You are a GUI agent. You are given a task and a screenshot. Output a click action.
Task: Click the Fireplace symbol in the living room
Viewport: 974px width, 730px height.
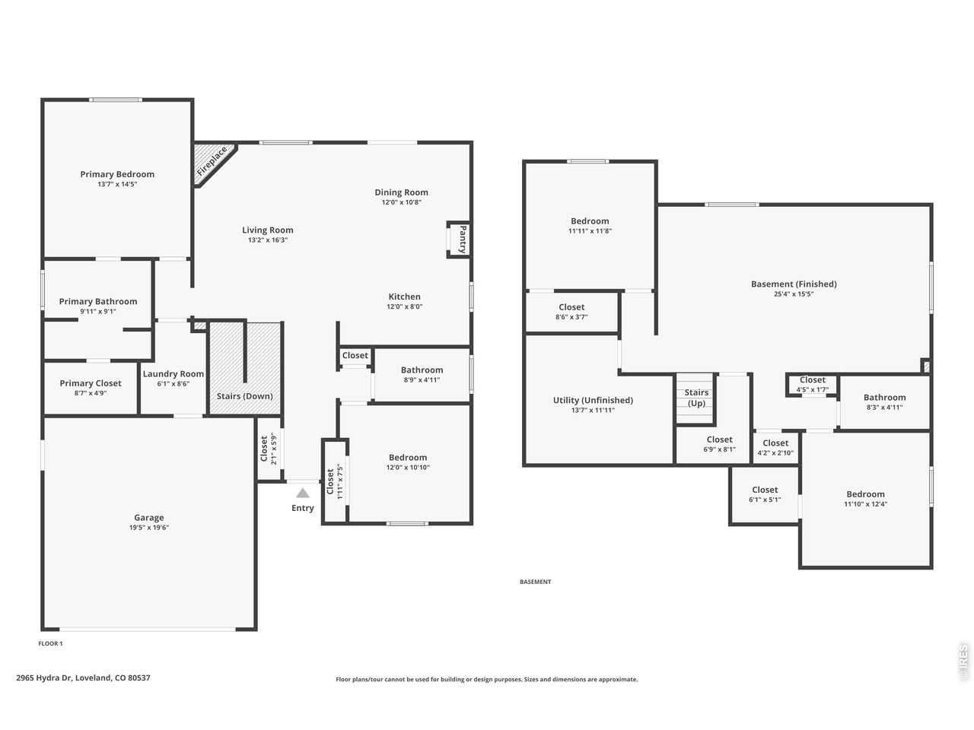click(213, 162)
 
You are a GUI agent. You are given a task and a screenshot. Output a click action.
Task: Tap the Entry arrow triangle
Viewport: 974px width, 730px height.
click(303, 493)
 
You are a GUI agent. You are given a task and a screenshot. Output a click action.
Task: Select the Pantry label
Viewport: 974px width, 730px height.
click(461, 240)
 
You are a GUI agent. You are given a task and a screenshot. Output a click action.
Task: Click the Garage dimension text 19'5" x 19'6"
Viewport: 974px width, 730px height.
click(149, 527)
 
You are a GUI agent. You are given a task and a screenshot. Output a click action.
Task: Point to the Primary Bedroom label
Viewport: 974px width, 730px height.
click(117, 174)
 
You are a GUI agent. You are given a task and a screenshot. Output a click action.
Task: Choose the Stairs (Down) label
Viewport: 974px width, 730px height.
click(245, 396)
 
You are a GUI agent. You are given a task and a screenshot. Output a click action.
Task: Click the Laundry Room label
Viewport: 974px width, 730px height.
click(173, 373)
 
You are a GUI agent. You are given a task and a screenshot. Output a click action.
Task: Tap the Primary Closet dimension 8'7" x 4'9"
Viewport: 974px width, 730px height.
click(91, 393)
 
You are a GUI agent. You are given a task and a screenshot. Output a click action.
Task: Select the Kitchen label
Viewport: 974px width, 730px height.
click(404, 297)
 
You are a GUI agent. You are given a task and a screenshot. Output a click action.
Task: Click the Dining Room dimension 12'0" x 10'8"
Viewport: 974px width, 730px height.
click(401, 202)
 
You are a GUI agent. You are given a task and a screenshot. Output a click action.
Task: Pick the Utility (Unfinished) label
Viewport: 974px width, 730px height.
click(593, 400)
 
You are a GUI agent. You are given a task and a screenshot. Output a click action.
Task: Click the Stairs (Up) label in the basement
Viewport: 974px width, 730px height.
click(696, 398)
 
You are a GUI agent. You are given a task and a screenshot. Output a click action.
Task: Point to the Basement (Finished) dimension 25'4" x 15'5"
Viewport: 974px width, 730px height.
click(794, 294)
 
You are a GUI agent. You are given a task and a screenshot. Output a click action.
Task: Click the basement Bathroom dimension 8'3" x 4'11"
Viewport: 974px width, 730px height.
click(884, 407)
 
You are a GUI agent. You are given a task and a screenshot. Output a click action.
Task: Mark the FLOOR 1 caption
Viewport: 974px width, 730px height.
click(50, 643)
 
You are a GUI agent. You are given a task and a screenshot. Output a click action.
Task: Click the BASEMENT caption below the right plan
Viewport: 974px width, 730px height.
click(535, 582)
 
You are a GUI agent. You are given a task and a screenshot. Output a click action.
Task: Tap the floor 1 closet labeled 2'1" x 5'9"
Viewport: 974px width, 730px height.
click(269, 449)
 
